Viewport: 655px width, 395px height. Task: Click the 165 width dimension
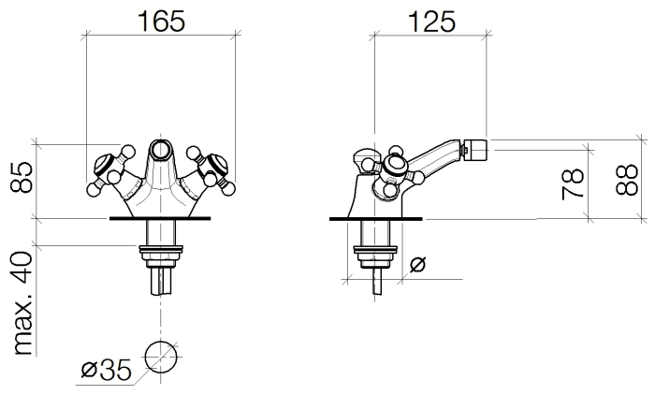[161, 22]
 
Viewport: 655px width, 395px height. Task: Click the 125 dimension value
[431, 22]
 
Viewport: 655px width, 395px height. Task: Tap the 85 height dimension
[22, 177]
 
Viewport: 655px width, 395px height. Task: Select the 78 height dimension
[573, 183]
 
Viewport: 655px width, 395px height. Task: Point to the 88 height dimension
[627, 180]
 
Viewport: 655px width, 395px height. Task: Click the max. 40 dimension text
[22, 303]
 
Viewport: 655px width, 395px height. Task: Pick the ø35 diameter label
[106, 369]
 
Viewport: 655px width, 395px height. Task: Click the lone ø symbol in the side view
[417, 264]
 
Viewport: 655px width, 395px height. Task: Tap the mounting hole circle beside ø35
[160, 357]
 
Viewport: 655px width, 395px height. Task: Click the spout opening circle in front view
[161, 150]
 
